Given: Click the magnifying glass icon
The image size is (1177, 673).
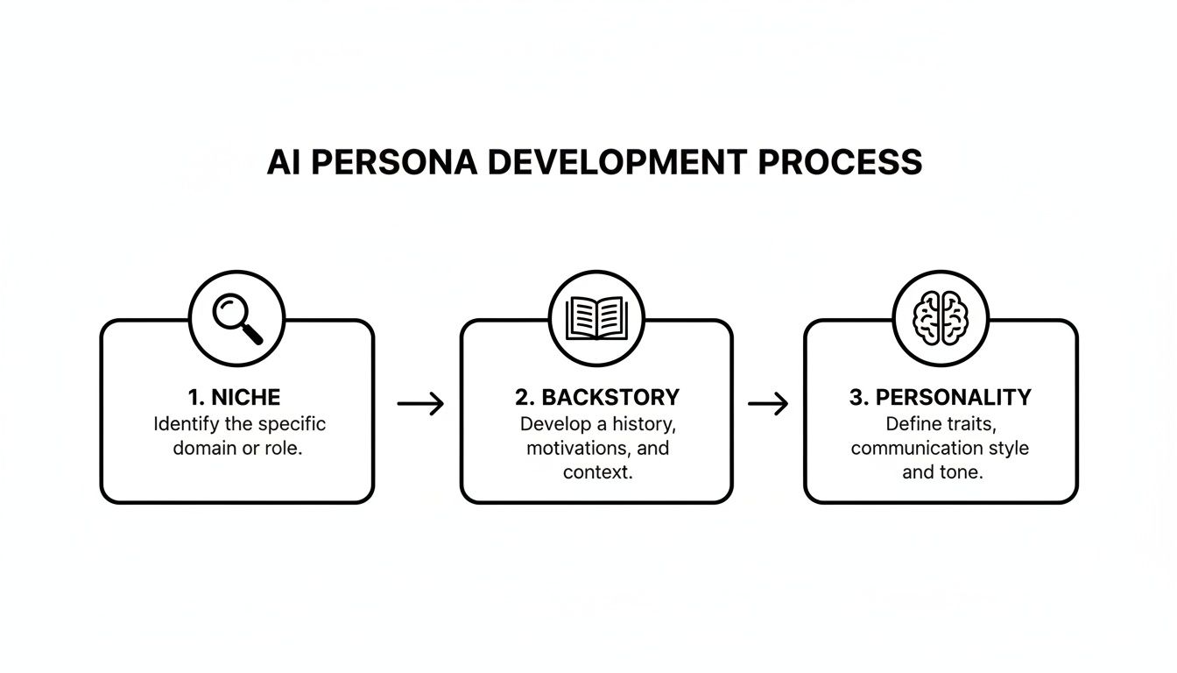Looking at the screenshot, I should point(237,317).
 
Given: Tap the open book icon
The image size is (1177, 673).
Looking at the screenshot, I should point(596,317).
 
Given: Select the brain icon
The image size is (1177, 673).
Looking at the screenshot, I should point(940,317).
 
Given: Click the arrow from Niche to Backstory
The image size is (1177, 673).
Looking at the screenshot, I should point(420,403).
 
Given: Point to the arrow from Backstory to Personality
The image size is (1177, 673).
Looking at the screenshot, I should point(768,403).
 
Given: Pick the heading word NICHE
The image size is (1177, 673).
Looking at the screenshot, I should point(246,397).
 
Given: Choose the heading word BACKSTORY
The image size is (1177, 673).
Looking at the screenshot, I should point(610,397).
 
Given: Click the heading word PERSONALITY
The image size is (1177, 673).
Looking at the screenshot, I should point(953,397).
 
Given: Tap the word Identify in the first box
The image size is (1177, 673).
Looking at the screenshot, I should point(186,424).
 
